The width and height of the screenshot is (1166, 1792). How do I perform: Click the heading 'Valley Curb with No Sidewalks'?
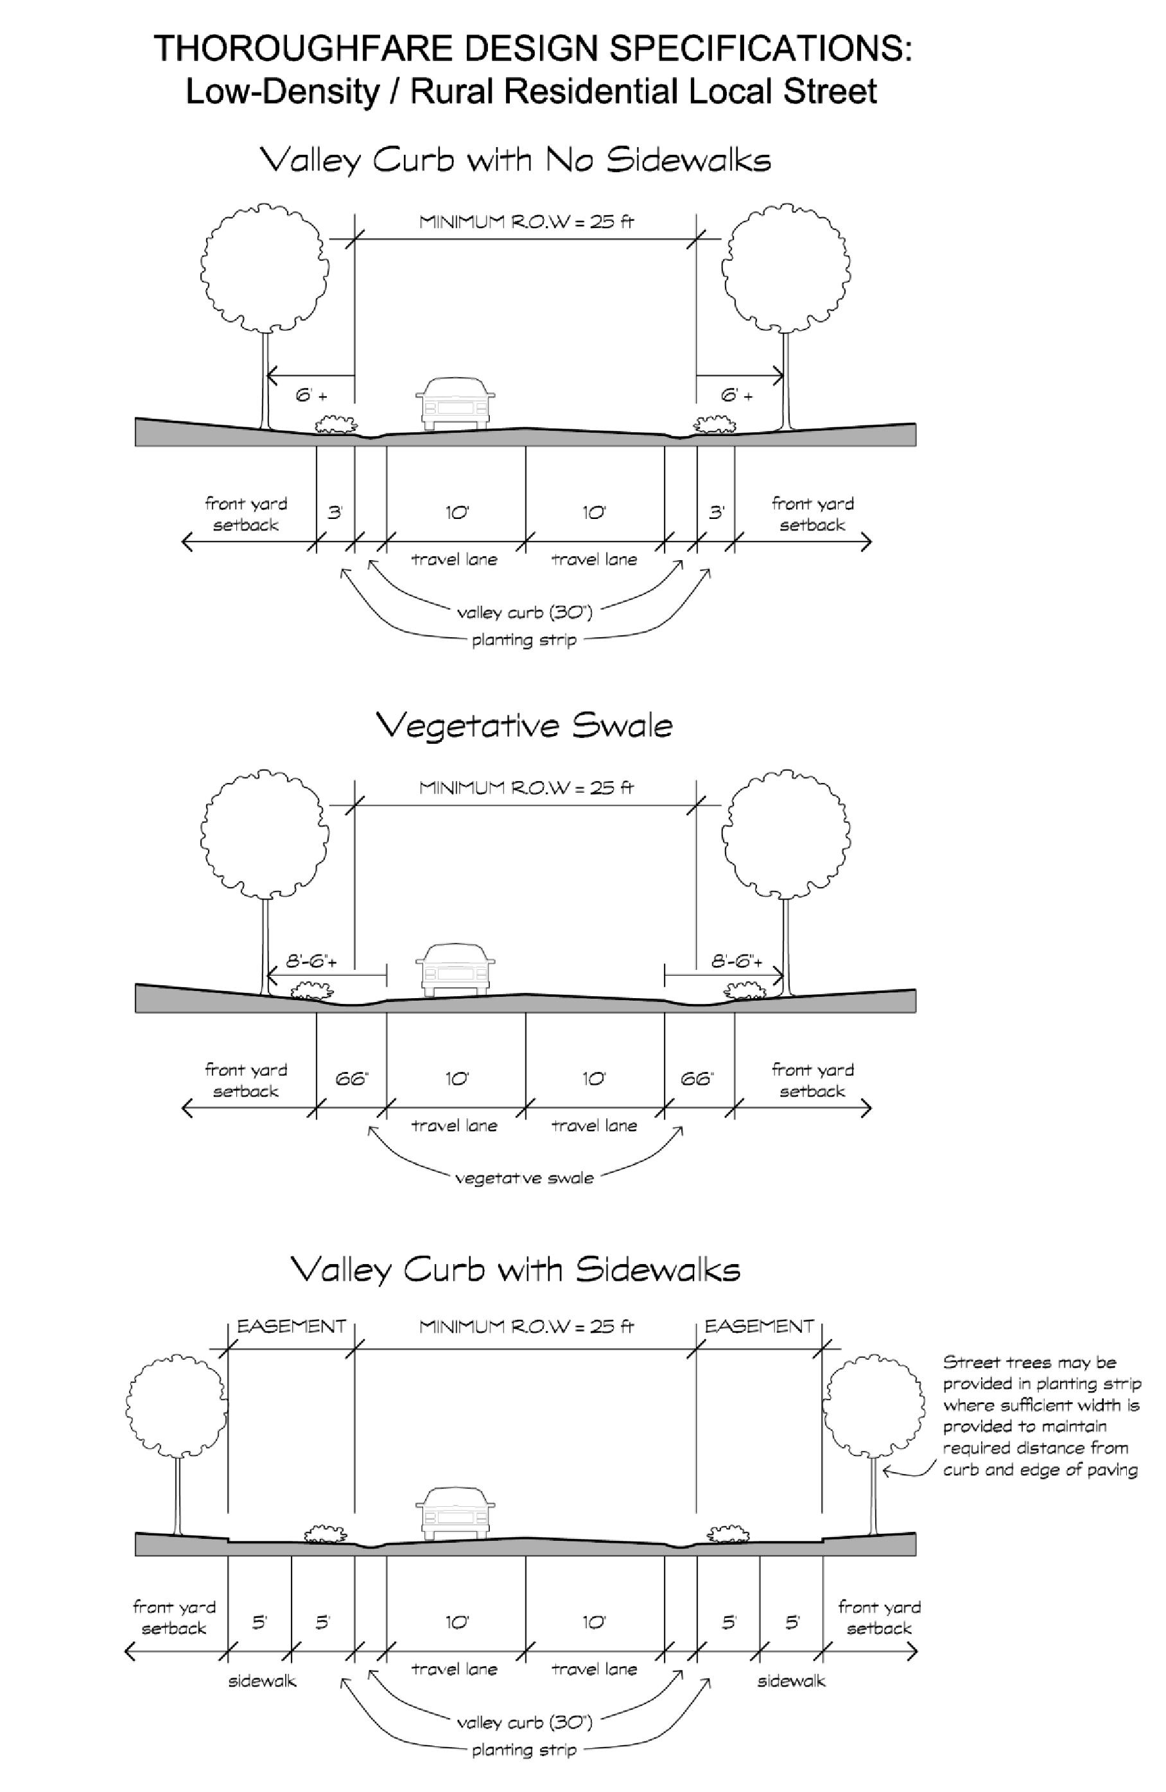tap(515, 160)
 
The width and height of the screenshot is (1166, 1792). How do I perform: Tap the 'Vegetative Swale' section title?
tap(524, 725)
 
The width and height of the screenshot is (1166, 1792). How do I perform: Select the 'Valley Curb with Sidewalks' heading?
tap(515, 1269)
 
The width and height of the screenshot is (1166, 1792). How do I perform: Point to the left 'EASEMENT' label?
tap(291, 1326)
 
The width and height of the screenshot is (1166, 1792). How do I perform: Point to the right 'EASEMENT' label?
tap(759, 1326)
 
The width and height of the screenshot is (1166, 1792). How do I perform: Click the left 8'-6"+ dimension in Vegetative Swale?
tap(311, 962)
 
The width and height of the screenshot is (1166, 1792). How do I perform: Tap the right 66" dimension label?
tap(696, 1079)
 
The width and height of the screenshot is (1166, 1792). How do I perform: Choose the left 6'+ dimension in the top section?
tap(311, 395)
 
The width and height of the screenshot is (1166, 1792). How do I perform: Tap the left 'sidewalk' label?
tap(262, 1681)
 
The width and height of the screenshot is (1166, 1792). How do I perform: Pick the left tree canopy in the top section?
tap(265, 267)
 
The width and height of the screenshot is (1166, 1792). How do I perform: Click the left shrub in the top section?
tap(335, 425)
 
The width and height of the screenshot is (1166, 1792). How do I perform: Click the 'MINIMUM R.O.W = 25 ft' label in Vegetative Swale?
tap(526, 787)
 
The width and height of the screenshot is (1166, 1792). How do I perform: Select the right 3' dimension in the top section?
tap(716, 513)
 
